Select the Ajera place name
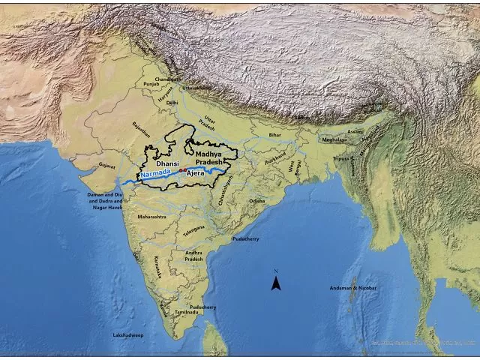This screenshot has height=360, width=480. (x=195, y=174)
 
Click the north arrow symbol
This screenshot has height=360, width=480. (x=276, y=281)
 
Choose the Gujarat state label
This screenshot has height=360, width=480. (x=108, y=165)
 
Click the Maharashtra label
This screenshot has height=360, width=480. (x=151, y=216)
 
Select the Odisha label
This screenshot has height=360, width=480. (x=257, y=200)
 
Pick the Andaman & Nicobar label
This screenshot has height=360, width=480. (x=354, y=288)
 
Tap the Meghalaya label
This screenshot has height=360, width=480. (x=334, y=139)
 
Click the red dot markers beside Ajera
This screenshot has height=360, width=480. (x=181, y=171)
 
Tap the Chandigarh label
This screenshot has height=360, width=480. (x=168, y=79)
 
